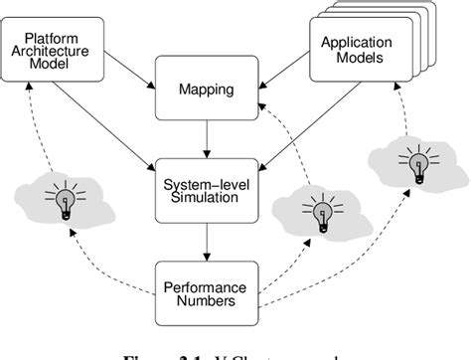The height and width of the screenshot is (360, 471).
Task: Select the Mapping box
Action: point(208,90)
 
